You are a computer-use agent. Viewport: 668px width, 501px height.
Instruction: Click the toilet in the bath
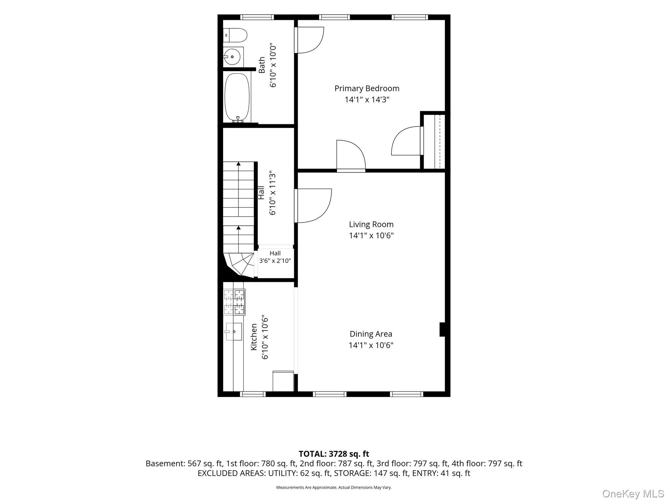coord(235,35)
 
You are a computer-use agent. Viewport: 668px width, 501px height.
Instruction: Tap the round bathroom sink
coord(232,57)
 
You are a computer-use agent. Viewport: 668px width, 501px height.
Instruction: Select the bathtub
coord(237,98)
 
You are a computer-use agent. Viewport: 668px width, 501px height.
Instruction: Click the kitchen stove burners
coord(235,302)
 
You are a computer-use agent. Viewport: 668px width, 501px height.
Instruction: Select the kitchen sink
coord(233,332)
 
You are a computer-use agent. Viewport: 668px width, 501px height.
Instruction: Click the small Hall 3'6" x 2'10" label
coord(275,257)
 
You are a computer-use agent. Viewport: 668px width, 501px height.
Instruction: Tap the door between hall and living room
coord(312,206)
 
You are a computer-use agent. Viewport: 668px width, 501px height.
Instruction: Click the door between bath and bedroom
coord(309,40)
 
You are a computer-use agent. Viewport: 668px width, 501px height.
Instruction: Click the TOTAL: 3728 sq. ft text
coord(334,454)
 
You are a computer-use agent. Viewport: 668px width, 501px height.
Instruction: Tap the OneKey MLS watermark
coord(633,493)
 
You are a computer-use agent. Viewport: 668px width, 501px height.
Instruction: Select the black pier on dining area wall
coord(443,329)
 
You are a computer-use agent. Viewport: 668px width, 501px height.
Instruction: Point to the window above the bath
coord(257,17)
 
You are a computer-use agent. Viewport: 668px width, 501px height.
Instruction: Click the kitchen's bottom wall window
coord(253,394)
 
